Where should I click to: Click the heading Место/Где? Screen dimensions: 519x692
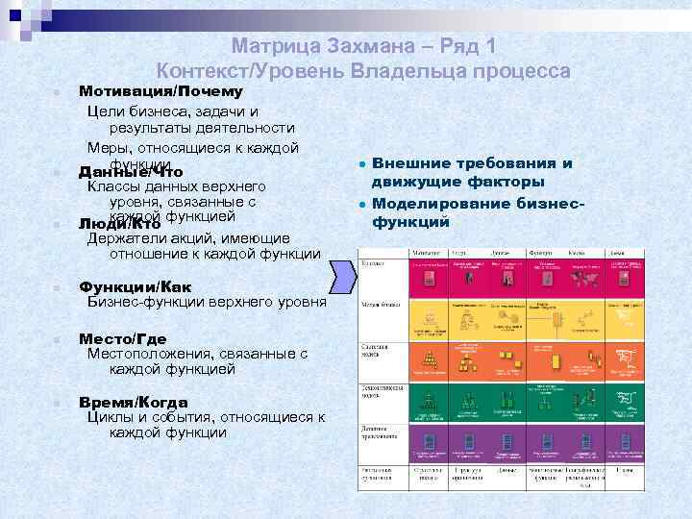click(122, 338)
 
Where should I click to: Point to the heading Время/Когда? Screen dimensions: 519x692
click(133, 401)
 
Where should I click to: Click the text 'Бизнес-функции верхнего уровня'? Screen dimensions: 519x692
click(207, 302)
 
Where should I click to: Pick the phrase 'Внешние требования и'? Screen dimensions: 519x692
click(471, 164)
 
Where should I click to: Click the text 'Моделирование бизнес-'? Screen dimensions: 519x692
click(477, 204)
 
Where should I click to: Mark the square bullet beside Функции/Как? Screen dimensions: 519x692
click(58, 287)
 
